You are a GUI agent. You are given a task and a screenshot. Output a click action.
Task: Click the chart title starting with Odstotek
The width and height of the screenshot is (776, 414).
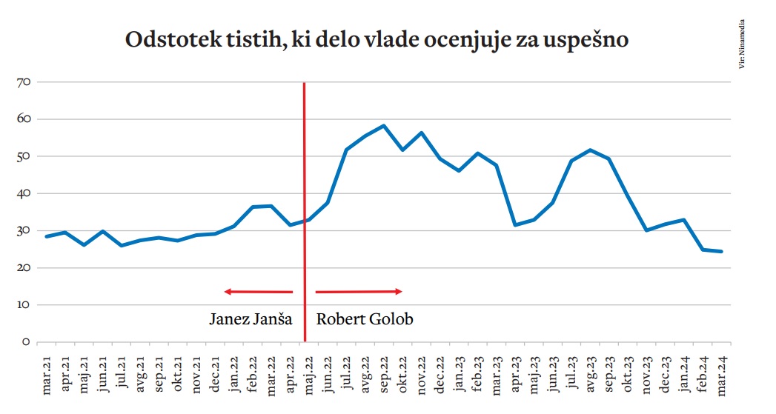[x=377, y=41]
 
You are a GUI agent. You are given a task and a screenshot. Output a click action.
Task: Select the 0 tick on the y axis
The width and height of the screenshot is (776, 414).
[x=24, y=342]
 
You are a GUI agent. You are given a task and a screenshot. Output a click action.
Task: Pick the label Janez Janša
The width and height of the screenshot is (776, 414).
[x=251, y=319]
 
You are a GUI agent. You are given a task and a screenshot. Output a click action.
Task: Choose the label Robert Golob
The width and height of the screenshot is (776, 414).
[x=364, y=319]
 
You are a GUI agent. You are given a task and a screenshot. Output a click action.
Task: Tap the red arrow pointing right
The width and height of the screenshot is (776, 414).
[x=359, y=291]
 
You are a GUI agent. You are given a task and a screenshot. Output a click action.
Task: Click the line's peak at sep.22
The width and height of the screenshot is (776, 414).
[x=383, y=126]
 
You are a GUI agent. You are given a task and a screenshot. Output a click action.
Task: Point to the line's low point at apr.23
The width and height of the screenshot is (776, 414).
[x=515, y=224]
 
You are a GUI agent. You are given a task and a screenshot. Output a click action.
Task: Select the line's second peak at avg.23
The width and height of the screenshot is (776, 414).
[x=590, y=150]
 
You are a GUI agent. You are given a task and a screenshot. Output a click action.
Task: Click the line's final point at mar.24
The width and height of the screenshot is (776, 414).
[x=721, y=251]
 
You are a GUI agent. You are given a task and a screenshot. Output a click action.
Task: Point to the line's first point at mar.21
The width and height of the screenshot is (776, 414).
[x=47, y=236]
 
